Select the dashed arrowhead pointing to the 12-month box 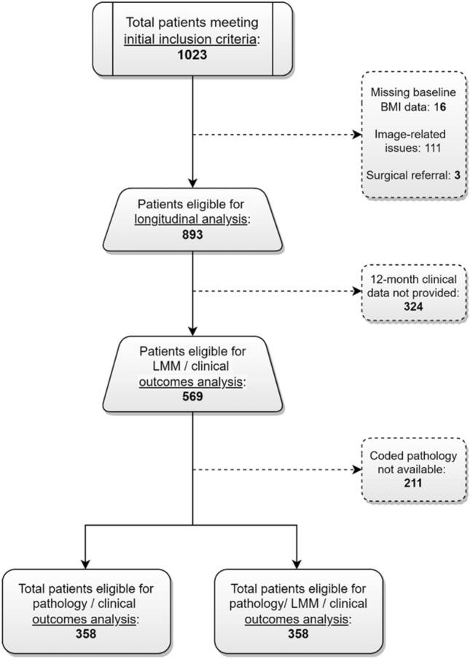click(356, 293)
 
